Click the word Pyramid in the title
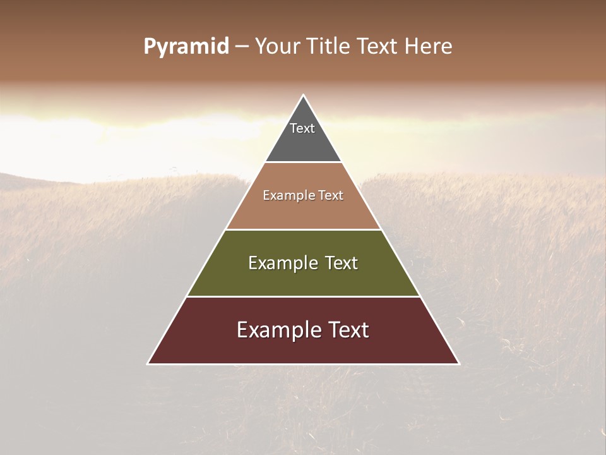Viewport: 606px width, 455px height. click(x=186, y=47)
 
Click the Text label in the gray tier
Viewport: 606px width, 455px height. click(x=302, y=128)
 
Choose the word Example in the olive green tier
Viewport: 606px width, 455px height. click(x=275, y=263)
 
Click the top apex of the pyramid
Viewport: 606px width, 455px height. click(x=304, y=95)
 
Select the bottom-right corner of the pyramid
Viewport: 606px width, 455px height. click(x=459, y=363)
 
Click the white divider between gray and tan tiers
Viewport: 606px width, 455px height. click(x=304, y=162)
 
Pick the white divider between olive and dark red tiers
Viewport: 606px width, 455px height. click(x=304, y=296)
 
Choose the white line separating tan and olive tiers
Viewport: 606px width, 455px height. click(x=304, y=229)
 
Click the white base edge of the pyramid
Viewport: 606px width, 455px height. click(x=304, y=364)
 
